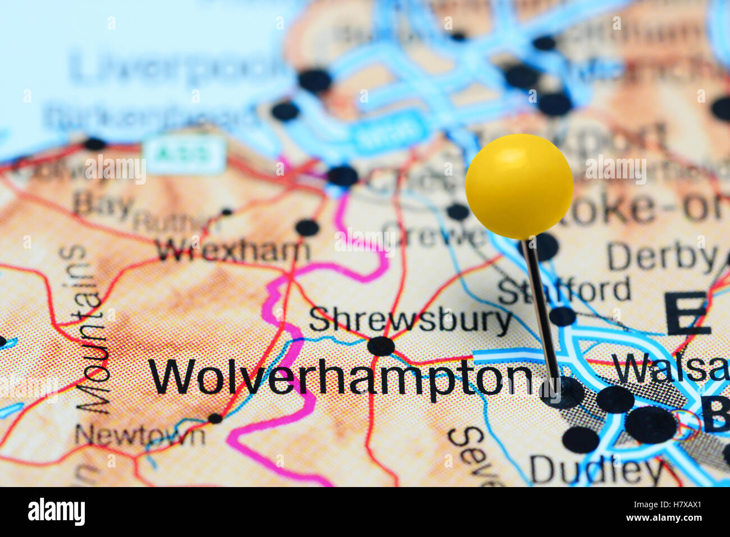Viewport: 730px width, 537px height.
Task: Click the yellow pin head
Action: (519, 186)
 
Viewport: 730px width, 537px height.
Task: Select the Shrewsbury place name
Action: (410, 320)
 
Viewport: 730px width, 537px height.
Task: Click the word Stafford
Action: (564, 291)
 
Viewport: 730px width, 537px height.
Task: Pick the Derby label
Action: (661, 258)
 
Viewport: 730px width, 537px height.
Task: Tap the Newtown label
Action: (140, 434)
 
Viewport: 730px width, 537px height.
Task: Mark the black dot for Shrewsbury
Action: (381, 346)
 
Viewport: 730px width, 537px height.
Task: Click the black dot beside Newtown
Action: (215, 418)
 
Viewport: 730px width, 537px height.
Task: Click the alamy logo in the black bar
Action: (56, 512)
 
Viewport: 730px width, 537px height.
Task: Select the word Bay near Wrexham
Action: (104, 203)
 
